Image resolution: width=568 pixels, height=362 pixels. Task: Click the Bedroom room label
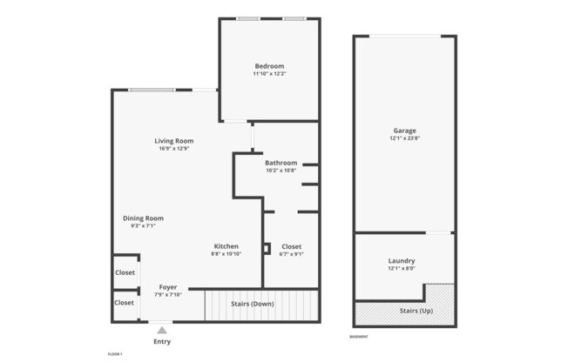[269, 66]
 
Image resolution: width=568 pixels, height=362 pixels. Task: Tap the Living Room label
[174, 141]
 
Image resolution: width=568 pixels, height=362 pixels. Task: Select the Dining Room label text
[143, 218]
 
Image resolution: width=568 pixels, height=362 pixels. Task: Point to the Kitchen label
[226, 246]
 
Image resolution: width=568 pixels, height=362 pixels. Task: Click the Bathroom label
[281, 163]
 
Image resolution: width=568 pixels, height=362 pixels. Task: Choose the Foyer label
[168, 286]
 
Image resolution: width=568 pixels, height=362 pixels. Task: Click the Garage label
[403, 131]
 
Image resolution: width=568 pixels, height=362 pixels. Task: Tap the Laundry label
[401, 261]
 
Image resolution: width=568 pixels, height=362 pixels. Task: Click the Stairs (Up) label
[416, 311]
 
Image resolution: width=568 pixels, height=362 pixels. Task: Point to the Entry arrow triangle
[161, 330]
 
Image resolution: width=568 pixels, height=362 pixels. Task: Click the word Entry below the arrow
[162, 342]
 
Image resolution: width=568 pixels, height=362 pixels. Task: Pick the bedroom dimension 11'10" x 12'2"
[269, 74]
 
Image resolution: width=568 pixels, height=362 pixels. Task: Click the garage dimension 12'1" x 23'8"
[403, 138]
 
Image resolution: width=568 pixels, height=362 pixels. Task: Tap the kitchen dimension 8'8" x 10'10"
[226, 254]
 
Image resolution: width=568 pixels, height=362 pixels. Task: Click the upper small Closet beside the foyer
[125, 272]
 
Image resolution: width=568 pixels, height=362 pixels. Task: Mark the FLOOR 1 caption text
[115, 354]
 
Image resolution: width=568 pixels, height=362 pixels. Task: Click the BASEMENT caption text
[359, 337]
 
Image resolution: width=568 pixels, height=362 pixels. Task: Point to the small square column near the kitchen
[267, 245]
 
